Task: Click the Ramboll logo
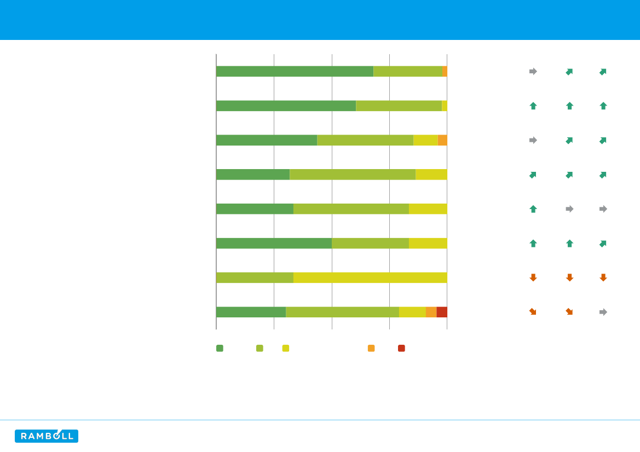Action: click(x=47, y=436)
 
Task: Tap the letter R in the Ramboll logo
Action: click(x=24, y=436)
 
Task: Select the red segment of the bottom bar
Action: click(x=442, y=312)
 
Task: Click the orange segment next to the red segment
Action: click(x=431, y=312)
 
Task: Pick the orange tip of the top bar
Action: click(x=445, y=71)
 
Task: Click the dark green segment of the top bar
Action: click(x=295, y=71)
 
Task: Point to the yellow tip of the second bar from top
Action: click(x=445, y=106)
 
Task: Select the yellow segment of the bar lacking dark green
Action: click(x=370, y=277)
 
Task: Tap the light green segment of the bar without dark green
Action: click(x=255, y=277)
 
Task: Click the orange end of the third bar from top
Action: click(x=442, y=140)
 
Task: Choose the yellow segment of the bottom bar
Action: click(x=412, y=312)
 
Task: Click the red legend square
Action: click(x=401, y=348)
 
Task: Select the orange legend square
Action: click(x=371, y=348)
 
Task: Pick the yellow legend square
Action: click(x=286, y=348)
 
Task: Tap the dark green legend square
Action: click(x=220, y=348)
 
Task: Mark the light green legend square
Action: click(x=260, y=348)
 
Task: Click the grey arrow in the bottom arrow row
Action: click(x=603, y=312)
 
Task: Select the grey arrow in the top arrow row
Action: click(x=533, y=71)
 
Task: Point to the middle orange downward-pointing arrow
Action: click(x=569, y=277)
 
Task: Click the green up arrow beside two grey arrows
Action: click(x=533, y=208)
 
